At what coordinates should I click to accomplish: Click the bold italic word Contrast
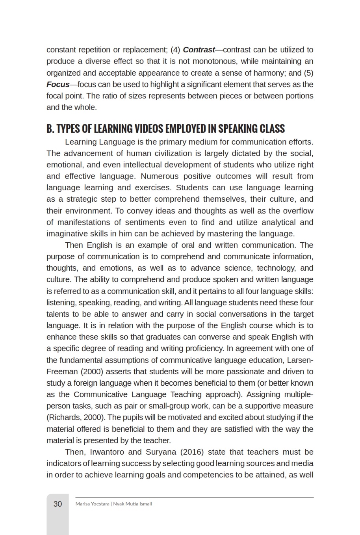(x=199, y=50)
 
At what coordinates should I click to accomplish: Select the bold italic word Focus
(x=58, y=84)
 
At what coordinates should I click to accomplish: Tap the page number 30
(x=58, y=504)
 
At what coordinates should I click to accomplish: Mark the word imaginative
(x=69, y=234)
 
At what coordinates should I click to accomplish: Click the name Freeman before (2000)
(x=62, y=372)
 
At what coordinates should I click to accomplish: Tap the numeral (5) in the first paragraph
(x=308, y=73)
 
